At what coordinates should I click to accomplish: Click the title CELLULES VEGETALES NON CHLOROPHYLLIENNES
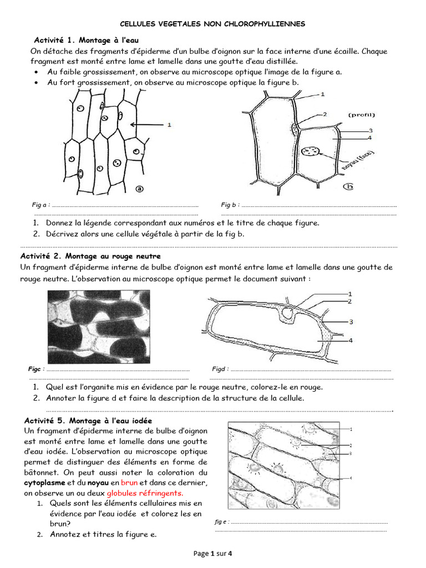point(213,24)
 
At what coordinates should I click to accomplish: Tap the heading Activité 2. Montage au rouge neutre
point(90,256)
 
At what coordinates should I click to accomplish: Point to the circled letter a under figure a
point(139,189)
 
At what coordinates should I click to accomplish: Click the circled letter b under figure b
point(348,186)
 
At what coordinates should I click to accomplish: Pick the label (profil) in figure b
point(362,115)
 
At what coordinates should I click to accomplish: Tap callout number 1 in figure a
point(169,125)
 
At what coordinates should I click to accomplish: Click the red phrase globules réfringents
point(145,493)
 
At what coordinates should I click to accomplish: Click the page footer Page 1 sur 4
point(213,553)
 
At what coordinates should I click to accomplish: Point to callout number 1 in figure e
point(352,429)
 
